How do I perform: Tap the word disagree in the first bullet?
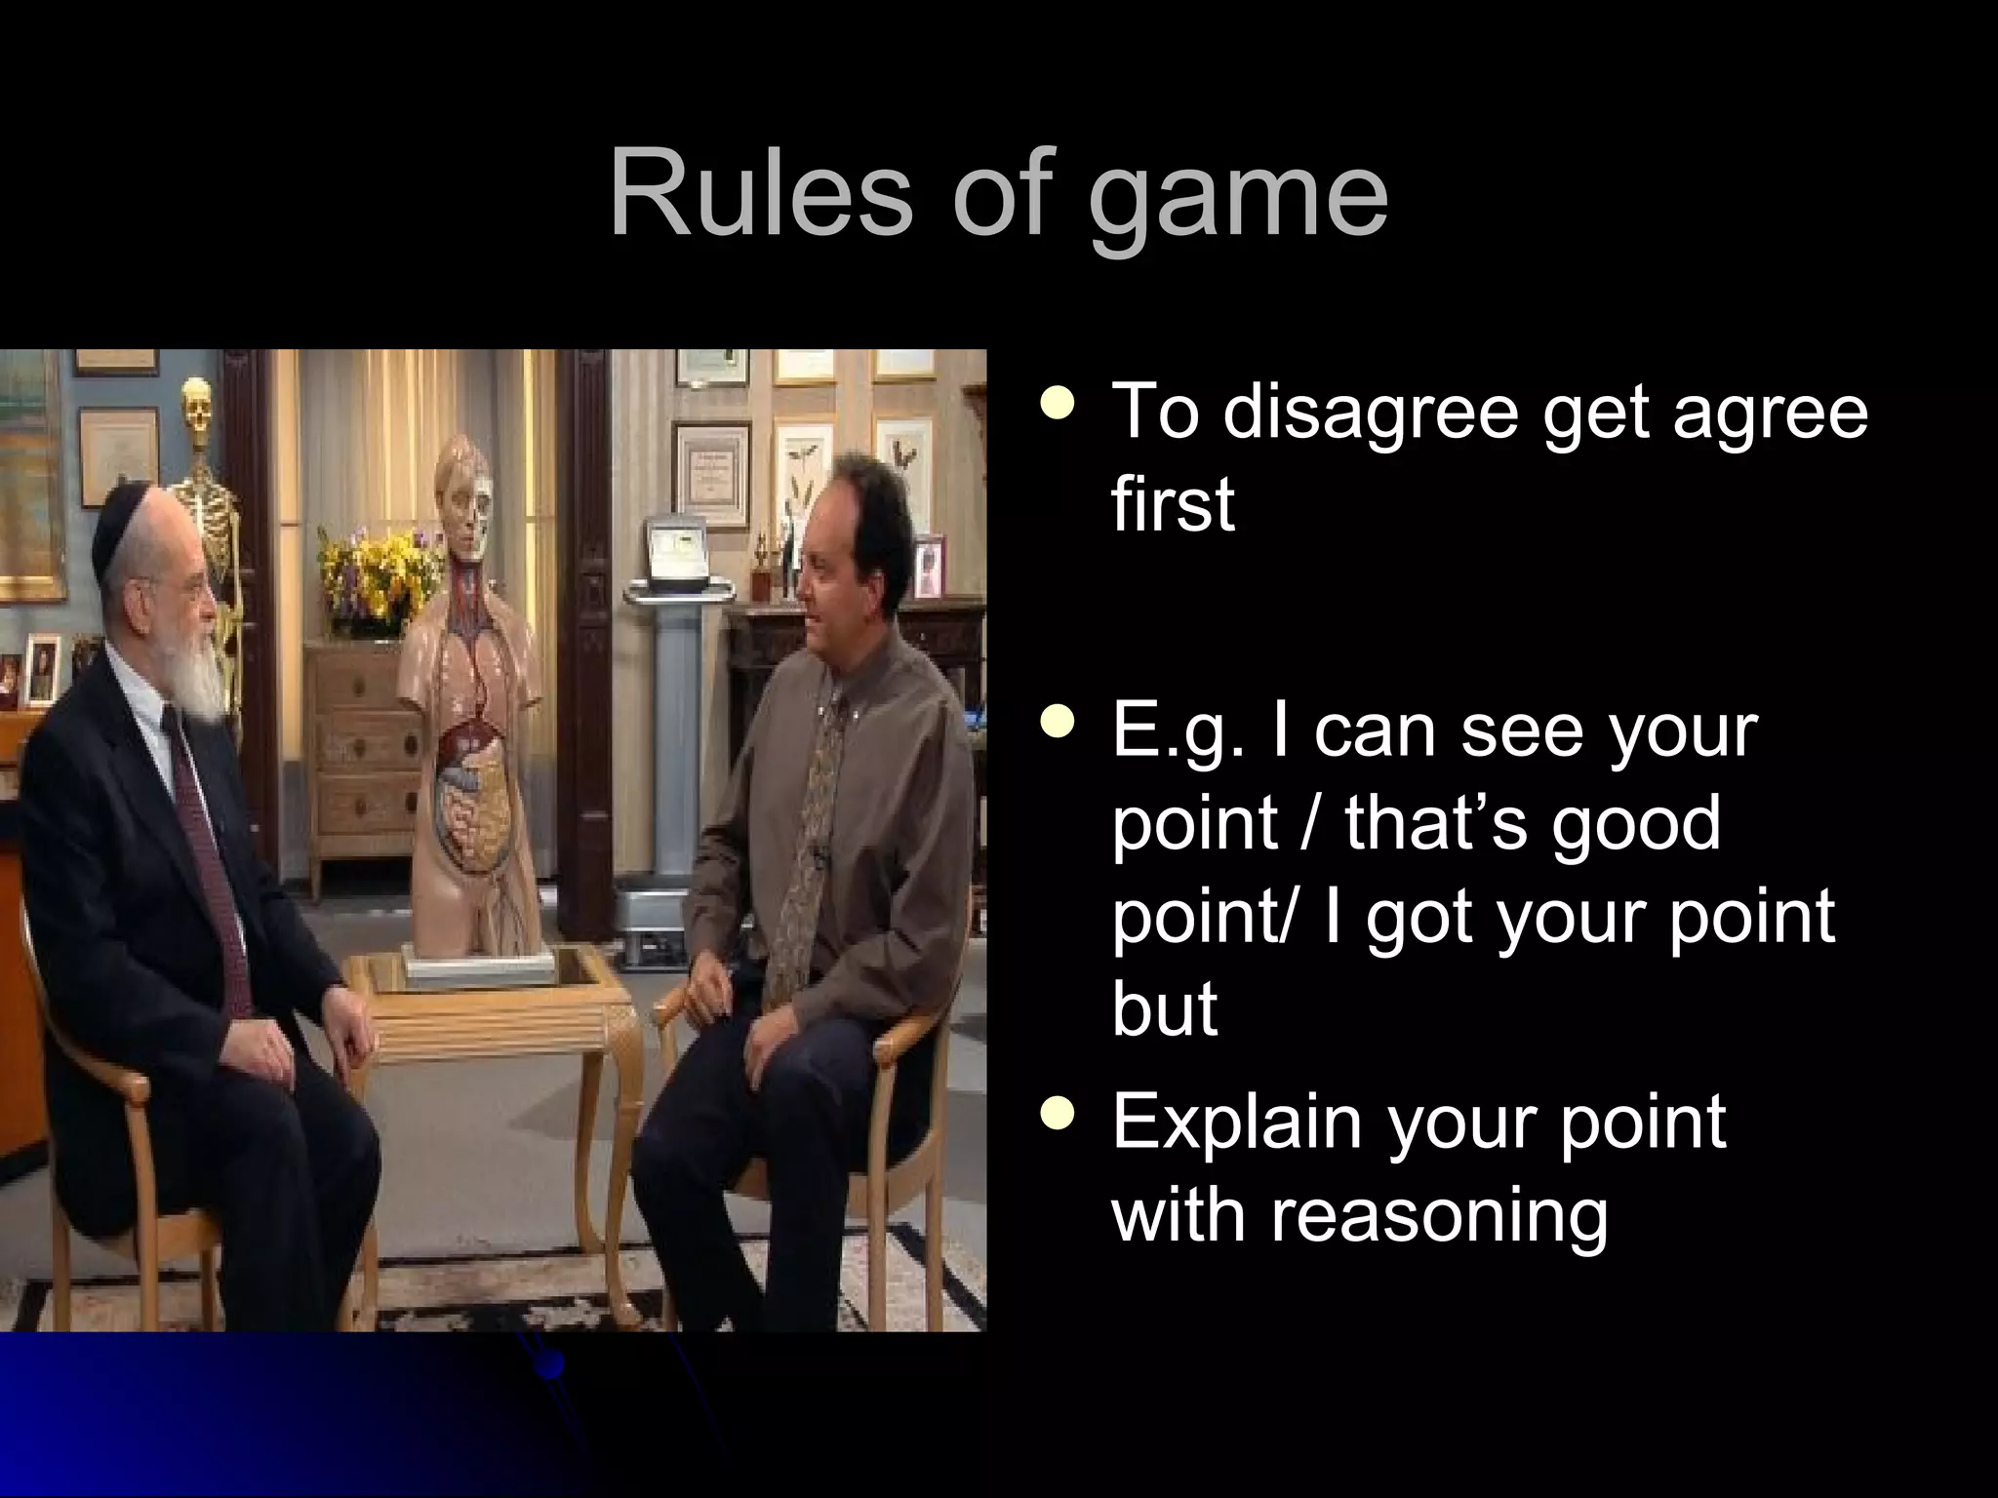[x=1371, y=413]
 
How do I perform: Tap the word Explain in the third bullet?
[x=1236, y=1124]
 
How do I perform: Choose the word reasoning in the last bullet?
[x=1438, y=1217]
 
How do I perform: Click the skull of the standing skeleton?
[x=197, y=404]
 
